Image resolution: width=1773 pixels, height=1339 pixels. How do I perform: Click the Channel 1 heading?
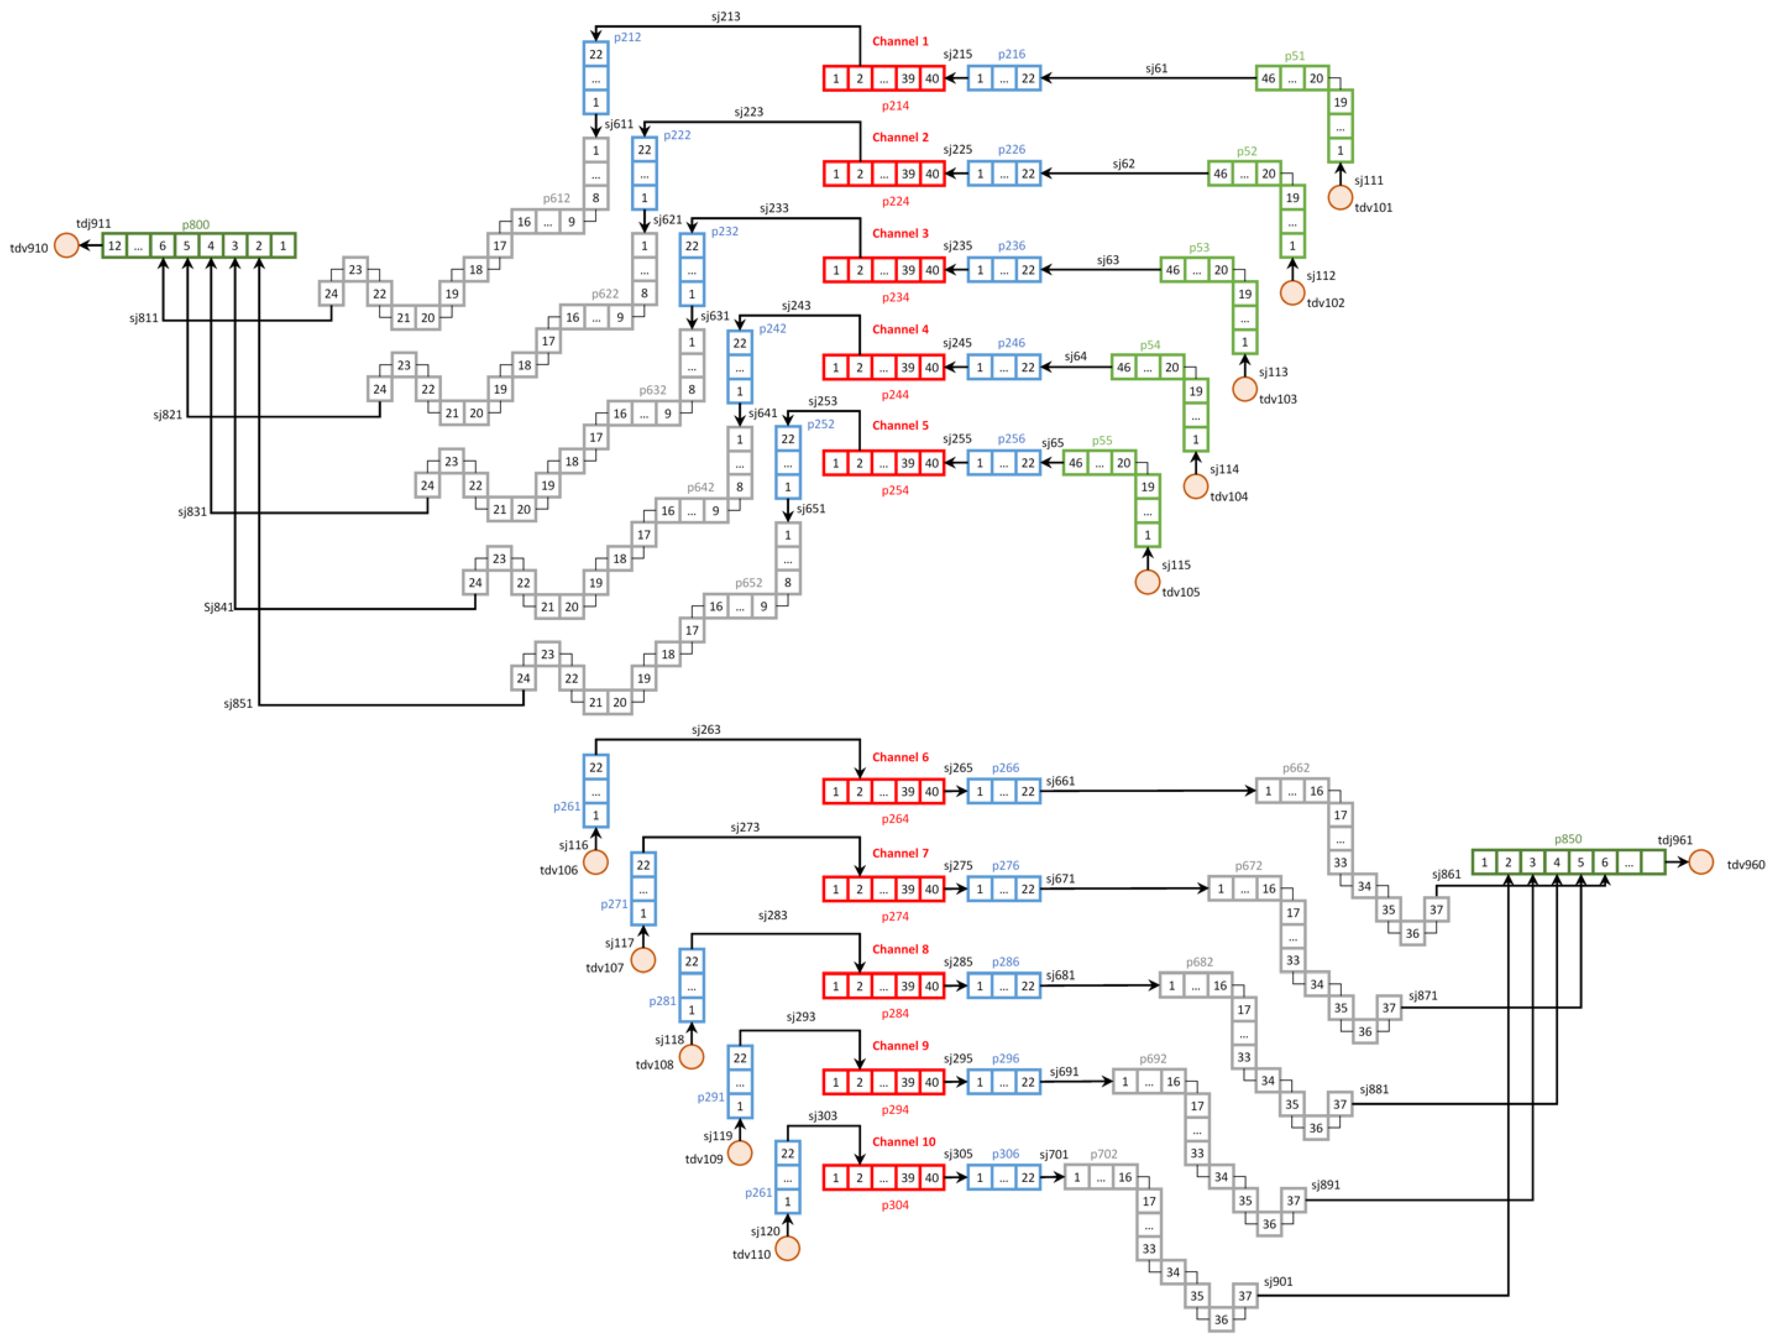pos(900,41)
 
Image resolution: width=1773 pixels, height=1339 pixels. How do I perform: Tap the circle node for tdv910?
pos(67,245)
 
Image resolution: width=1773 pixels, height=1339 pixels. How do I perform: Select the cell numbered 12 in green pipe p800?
pos(115,245)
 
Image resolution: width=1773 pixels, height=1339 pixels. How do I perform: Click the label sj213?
pos(725,16)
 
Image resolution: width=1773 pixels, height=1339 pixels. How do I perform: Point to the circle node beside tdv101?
pos(1340,197)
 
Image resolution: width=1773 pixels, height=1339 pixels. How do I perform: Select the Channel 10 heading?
pos(904,1142)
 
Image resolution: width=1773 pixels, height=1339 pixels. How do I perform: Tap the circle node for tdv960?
pos(1701,863)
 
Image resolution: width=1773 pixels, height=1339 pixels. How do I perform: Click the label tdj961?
pos(1675,840)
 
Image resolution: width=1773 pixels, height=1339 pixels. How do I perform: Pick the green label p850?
pos(1568,839)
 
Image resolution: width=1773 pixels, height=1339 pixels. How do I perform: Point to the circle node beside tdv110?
pos(788,1248)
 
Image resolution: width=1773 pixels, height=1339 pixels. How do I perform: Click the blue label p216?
pos(1011,54)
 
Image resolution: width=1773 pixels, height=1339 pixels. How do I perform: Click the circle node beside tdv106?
pos(596,863)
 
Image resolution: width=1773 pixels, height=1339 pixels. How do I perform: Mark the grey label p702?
pos(1104,1154)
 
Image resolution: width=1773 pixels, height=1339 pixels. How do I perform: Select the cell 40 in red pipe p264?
pos(932,792)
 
